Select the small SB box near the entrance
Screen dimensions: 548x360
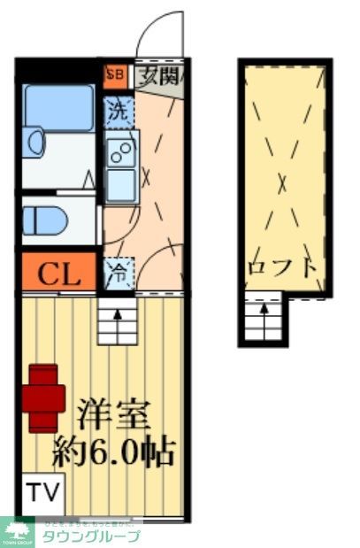[115, 75]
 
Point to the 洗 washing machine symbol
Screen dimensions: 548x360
[117, 112]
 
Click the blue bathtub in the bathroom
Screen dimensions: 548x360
[58, 108]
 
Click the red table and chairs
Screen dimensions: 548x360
[43, 397]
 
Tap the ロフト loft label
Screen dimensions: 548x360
[283, 266]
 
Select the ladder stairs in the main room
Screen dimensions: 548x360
[117, 320]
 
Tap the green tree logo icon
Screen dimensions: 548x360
[18, 530]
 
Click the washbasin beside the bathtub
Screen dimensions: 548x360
[34, 143]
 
